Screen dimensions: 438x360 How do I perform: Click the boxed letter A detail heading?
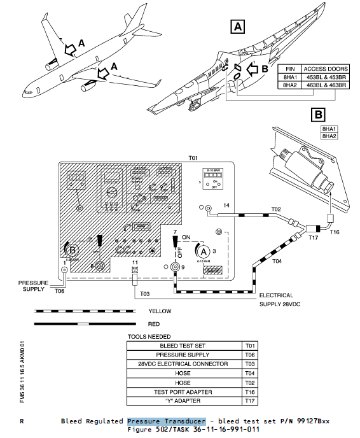pyautogui.click(x=238, y=27)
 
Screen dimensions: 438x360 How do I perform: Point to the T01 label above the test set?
pyautogui.click(x=193, y=157)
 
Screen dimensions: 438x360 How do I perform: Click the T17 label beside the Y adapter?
pyautogui.click(x=313, y=237)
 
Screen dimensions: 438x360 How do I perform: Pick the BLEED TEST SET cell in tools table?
pyautogui.click(x=184, y=346)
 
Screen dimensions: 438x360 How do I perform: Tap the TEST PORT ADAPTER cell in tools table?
pyautogui.click(x=184, y=392)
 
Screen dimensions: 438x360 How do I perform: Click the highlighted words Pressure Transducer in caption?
pyautogui.click(x=166, y=421)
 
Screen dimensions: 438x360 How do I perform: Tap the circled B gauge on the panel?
pyautogui.click(x=71, y=249)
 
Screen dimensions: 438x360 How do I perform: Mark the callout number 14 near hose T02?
pyautogui.click(x=225, y=206)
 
